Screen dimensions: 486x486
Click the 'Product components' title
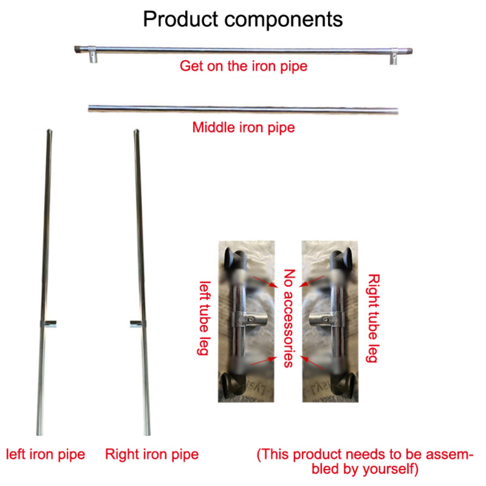pos(243,19)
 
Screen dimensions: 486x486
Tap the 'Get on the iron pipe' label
pos(243,66)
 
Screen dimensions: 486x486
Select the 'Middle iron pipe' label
pos(243,127)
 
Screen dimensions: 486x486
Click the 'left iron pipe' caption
pos(46,454)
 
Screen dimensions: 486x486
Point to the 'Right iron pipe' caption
pos(152,454)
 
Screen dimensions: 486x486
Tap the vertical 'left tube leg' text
pos(204,318)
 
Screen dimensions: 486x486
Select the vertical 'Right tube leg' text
pos(372,318)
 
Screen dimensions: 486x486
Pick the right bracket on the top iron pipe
pos(394,56)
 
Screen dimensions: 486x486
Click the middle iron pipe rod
pos(243,110)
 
